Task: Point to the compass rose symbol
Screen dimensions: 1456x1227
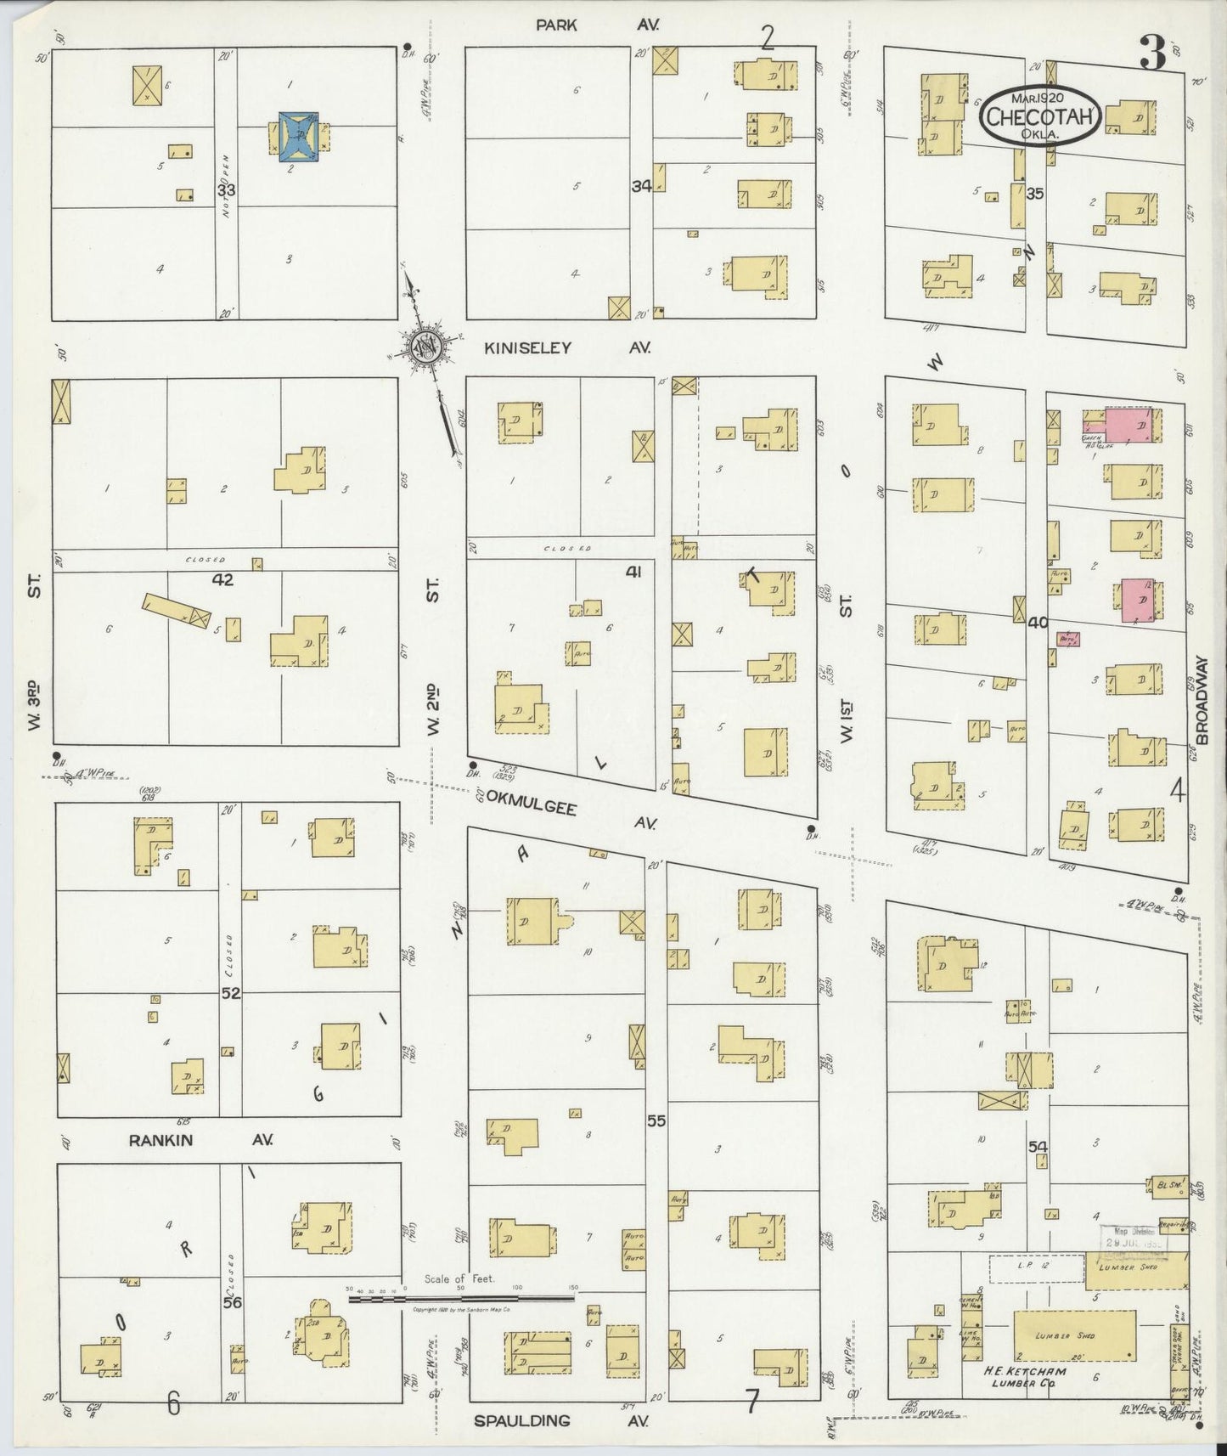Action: tap(422, 347)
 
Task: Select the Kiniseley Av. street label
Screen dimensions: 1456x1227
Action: tap(566, 347)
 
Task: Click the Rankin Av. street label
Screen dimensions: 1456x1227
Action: tap(200, 1140)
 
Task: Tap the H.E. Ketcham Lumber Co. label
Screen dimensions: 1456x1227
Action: tap(1024, 1377)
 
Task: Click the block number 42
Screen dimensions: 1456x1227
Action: tap(222, 580)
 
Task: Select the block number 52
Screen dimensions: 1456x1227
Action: tap(230, 992)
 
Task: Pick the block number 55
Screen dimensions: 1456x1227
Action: tap(656, 1120)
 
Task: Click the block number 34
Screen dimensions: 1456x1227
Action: tap(641, 186)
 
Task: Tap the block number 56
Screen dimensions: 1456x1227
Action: tap(231, 1301)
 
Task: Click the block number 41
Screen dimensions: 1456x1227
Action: tap(633, 572)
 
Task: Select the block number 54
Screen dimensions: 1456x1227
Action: tap(1038, 1147)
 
